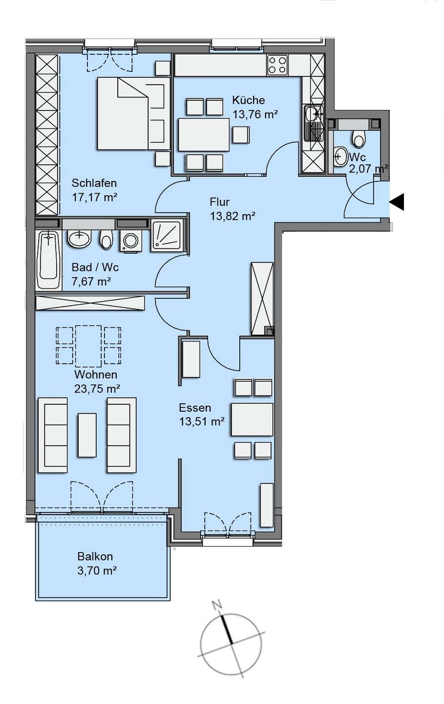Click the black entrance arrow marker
(x=398, y=202)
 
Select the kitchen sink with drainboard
(x=314, y=123)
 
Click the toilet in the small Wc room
(x=359, y=138)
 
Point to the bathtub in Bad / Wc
(x=48, y=260)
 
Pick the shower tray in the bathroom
(x=167, y=236)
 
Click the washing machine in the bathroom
(x=130, y=241)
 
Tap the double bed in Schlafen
(x=134, y=113)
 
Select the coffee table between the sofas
(x=87, y=435)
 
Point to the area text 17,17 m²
(x=95, y=198)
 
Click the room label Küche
(x=248, y=100)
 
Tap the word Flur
(x=219, y=202)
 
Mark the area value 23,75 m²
(x=97, y=389)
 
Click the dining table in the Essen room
(x=252, y=419)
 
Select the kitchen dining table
(x=204, y=134)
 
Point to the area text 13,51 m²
(x=202, y=421)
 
